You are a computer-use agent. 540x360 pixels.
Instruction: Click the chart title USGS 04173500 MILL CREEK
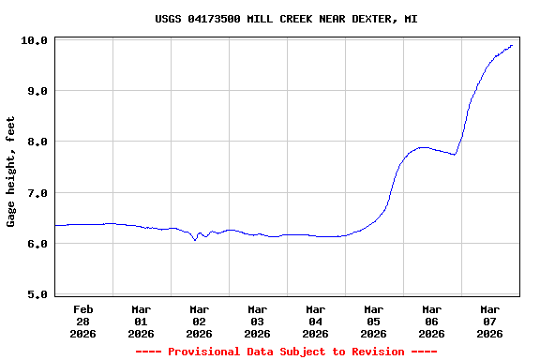[x=286, y=19]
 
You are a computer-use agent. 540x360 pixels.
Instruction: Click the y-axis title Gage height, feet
[x=11, y=172]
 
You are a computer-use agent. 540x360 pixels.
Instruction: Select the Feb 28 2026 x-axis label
[x=83, y=321]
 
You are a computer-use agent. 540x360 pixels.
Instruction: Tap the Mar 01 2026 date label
[x=142, y=321]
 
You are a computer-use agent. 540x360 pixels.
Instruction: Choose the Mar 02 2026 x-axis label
[x=200, y=321]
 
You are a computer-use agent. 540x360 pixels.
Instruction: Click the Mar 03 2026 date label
[x=258, y=321]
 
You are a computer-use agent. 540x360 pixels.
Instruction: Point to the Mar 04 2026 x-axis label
[x=316, y=321]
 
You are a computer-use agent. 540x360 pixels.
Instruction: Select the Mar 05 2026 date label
[x=374, y=321]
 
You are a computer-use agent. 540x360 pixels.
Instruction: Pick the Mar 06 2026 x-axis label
[x=432, y=321]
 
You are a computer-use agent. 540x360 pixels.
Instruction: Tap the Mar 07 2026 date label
[x=490, y=321]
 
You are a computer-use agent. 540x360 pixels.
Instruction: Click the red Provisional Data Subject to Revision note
[x=286, y=352]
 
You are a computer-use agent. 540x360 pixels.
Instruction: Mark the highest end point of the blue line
[x=512, y=45]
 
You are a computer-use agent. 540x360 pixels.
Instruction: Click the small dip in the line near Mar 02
[x=195, y=240]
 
